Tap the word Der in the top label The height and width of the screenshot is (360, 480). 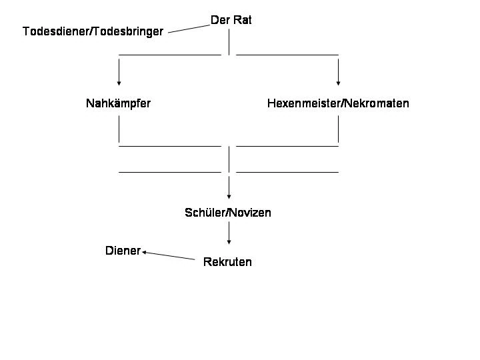(x=220, y=21)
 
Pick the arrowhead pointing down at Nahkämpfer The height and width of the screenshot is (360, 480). (x=119, y=83)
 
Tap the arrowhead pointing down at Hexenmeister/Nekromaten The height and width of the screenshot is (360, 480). (x=338, y=83)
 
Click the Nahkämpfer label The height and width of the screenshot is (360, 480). (x=118, y=103)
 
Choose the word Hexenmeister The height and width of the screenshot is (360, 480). (x=303, y=103)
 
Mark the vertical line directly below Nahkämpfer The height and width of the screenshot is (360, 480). (x=119, y=129)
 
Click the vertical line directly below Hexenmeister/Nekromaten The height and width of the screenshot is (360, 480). (x=338, y=129)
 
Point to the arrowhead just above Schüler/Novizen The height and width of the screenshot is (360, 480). (x=229, y=197)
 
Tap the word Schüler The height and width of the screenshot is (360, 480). (x=204, y=213)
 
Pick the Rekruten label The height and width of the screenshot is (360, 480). (x=227, y=262)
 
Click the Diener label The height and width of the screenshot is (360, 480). (x=123, y=251)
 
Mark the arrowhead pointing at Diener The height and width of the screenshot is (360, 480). (x=145, y=252)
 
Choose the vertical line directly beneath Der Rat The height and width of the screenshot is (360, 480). (x=229, y=42)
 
